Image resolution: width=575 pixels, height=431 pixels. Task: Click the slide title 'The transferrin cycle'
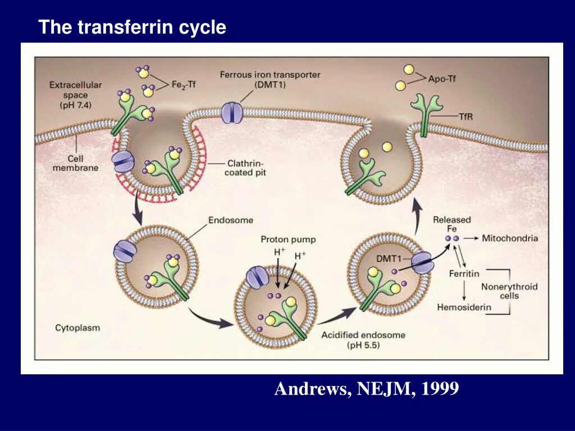tap(132, 27)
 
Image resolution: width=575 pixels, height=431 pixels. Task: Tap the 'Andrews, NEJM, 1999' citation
tap(366, 388)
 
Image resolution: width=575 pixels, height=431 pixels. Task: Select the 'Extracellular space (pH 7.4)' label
tap(75, 95)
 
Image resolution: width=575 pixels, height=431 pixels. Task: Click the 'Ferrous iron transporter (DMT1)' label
tap(270, 79)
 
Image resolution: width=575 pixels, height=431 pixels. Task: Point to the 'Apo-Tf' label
tap(442, 79)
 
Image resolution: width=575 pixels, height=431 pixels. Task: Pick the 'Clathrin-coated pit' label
tap(245, 168)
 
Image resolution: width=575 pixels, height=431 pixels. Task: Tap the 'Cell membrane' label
tap(75, 163)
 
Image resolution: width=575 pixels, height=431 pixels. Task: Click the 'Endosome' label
tap(231, 220)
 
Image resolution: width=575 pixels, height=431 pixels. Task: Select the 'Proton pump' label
tap(288, 240)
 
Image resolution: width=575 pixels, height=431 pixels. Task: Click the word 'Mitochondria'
tap(510, 238)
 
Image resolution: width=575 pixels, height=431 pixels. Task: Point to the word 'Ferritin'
tap(464, 273)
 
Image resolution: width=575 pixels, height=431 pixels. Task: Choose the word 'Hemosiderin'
tap(464, 307)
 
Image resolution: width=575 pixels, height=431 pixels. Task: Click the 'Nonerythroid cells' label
tap(509, 291)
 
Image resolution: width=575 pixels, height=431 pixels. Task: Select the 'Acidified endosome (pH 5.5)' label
tap(363, 340)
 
